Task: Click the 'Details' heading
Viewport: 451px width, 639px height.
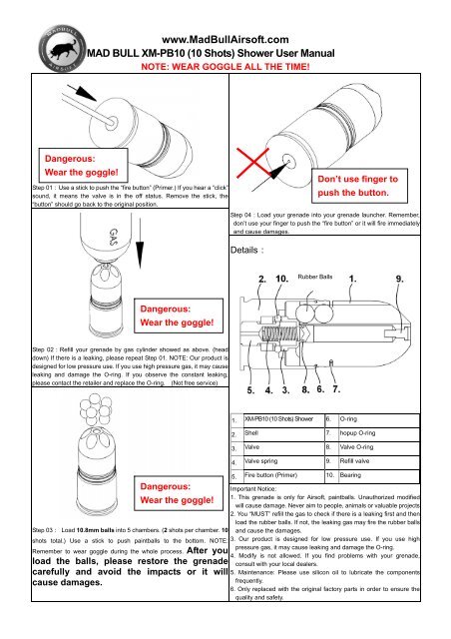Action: pos(245,251)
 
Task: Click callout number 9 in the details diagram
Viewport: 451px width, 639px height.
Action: pos(427,278)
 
